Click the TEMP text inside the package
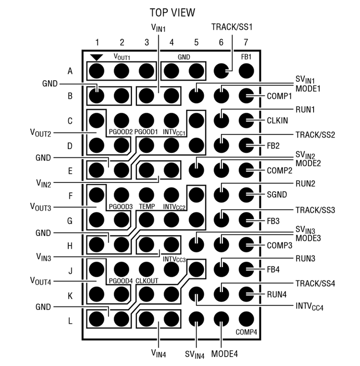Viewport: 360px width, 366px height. click(146, 206)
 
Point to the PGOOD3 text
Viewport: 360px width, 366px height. click(121, 206)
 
